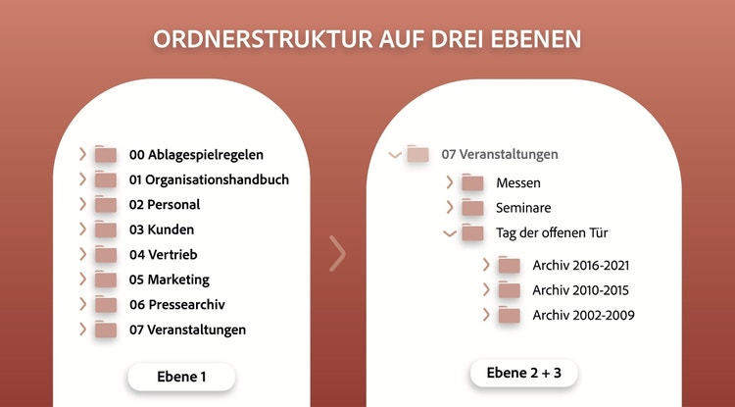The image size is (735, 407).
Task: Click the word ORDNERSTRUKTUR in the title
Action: [x=264, y=39]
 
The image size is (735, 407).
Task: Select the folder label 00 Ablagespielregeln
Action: [x=196, y=155]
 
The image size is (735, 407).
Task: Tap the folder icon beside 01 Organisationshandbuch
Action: [x=106, y=179]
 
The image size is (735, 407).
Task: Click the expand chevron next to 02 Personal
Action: [x=83, y=204]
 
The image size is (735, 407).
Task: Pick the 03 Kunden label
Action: [x=162, y=229]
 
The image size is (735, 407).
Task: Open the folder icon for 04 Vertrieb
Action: [x=106, y=254]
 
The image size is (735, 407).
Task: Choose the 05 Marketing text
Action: [x=170, y=280]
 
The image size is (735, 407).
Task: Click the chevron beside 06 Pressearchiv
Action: [x=83, y=304]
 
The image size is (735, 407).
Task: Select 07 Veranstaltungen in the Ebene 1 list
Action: [x=187, y=330]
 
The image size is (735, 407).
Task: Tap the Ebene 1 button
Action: [x=181, y=377]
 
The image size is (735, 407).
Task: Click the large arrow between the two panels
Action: [x=337, y=254]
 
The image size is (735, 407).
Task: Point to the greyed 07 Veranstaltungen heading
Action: [x=500, y=154]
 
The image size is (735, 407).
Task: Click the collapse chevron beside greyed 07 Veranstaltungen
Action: [x=395, y=154]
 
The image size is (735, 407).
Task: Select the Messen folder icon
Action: [x=472, y=182]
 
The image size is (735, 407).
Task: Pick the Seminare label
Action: [x=523, y=208]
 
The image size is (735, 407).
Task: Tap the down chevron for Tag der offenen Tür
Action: [x=450, y=233]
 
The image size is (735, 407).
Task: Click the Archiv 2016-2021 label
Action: [x=581, y=266]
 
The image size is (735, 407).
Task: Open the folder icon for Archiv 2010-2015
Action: [x=509, y=289]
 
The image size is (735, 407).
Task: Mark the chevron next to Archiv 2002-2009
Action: [x=486, y=315]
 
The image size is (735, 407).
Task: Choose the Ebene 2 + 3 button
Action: [x=524, y=374]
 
